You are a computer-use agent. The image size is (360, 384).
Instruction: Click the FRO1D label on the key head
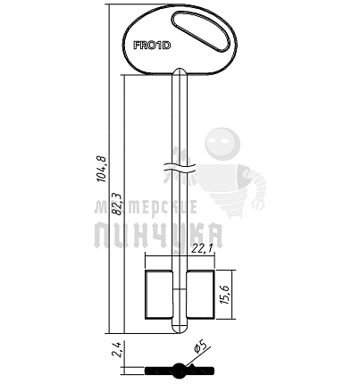(x=152, y=46)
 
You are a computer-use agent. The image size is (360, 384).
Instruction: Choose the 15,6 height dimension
(x=225, y=295)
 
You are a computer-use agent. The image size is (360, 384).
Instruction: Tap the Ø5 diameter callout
(x=200, y=347)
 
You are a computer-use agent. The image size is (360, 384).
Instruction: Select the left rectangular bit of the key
(x=158, y=294)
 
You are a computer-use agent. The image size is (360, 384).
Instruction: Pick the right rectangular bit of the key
(x=201, y=294)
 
